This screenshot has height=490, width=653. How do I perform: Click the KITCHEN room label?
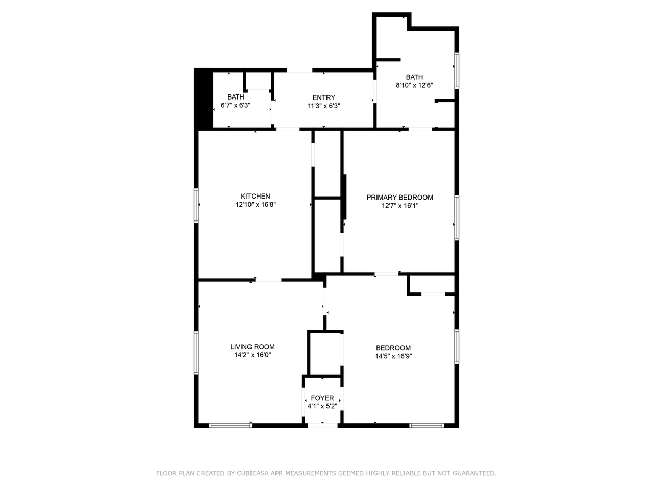pos(255,196)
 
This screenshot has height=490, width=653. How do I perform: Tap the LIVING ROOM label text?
pos(253,346)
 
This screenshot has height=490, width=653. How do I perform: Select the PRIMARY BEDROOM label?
pos(399,197)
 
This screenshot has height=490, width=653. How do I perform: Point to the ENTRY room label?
pos(323,97)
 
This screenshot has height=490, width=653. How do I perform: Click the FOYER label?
pos(322,398)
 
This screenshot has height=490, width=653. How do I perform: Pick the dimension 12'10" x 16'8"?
pos(256,204)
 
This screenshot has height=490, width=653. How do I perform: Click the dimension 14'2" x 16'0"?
pos(253,355)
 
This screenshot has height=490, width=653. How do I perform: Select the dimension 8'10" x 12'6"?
pos(414,85)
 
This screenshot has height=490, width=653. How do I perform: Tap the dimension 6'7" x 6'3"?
pos(236,105)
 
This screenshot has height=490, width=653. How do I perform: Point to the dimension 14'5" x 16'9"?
pos(393,356)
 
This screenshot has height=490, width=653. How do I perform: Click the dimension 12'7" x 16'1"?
pos(400,206)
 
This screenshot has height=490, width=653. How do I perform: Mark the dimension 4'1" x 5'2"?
pos(322,406)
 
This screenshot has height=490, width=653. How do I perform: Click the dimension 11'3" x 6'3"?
pos(323,106)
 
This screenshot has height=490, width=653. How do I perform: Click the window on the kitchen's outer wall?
pos(196,205)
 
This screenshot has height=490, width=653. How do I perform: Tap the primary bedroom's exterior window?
pos(457,218)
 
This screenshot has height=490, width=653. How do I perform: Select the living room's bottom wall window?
pos(230,426)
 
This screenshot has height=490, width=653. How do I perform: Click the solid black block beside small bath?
pos(204,99)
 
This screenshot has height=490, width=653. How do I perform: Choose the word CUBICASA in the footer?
pos(253,473)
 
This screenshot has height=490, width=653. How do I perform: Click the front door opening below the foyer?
pos(322,426)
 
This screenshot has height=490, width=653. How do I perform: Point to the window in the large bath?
pos(457,70)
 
